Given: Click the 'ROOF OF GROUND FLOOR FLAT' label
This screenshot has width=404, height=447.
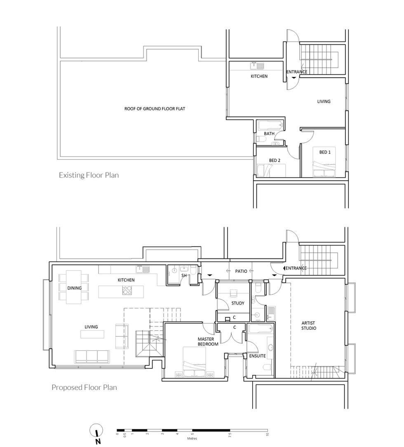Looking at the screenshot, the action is tap(155, 109).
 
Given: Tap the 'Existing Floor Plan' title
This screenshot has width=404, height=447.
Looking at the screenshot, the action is tap(89, 175).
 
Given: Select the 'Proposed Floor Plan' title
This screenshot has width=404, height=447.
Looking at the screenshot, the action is tap(84, 387).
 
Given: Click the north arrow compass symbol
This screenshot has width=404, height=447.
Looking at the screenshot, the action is tap(97, 433).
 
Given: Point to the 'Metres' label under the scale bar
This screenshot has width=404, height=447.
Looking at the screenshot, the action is tap(192, 438).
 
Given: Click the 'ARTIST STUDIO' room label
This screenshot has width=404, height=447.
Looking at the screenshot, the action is tap(309, 326).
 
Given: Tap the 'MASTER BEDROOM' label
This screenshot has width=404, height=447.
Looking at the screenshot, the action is tap(208, 342).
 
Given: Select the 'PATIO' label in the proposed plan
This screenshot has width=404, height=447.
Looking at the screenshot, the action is tap(241, 271).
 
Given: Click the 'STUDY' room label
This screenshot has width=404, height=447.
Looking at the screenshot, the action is tap(238, 303).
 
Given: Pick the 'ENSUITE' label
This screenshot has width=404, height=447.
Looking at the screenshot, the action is tap(257, 356).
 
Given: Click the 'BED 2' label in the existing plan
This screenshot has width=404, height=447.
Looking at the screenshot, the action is tap(275, 161).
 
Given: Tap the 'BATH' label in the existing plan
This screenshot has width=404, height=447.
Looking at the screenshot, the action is tap(269, 133).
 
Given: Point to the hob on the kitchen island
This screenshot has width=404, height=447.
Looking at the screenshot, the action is tap(127, 290).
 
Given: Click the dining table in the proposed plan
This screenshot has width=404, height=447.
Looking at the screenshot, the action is tap(74, 287).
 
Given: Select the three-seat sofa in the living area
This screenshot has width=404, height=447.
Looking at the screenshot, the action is tap(92, 356).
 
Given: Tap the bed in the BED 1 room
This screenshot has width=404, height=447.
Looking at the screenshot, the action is tap(324, 162).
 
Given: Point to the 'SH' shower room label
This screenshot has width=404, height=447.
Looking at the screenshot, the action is tap(184, 275).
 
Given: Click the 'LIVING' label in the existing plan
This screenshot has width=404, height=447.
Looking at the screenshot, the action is tap(324, 101).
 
